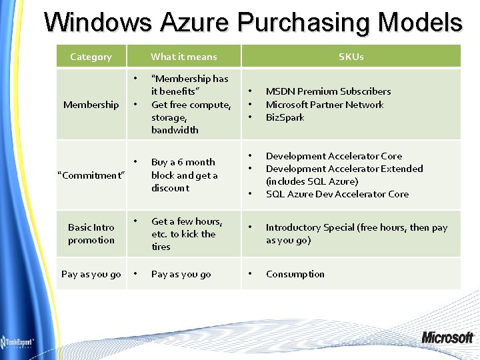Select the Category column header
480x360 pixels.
(x=91, y=57)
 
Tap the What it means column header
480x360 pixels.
(x=184, y=57)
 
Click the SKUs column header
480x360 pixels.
(x=351, y=57)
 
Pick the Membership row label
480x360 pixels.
(x=91, y=105)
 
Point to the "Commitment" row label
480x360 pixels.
(x=91, y=175)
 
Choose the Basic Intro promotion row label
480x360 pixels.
(x=91, y=234)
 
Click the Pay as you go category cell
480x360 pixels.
(x=91, y=274)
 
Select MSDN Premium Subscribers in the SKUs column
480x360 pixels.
(x=328, y=91)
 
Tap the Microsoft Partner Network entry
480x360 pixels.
(x=325, y=105)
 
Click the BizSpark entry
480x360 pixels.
(x=285, y=117)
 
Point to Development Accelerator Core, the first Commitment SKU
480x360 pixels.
(x=334, y=156)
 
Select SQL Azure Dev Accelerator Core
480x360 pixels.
(x=337, y=194)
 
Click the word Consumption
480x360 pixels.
(x=295, y=274)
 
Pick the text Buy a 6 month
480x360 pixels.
(x=183, y=162)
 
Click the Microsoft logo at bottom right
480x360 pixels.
(x=447, y=337)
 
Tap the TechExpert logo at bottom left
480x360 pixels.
(x=18, y=341)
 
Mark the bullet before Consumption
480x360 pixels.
(x=251, y=273)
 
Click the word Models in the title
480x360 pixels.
(x=419, y=22)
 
